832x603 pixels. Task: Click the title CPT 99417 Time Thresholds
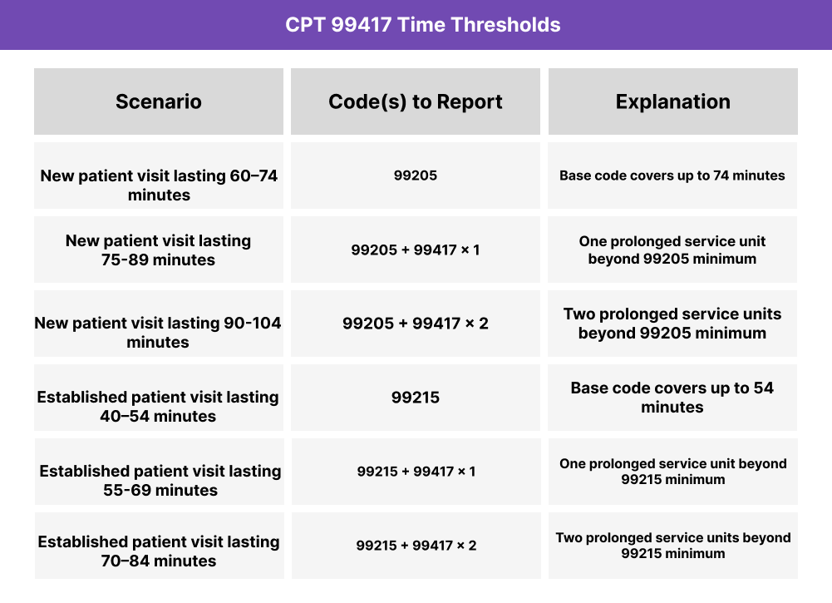tap(422, 25)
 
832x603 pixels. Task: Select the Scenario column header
tap(159, 101)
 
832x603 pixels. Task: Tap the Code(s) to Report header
tap(416, 101)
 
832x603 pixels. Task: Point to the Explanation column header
tap(672, 101)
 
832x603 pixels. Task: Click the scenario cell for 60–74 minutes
tap(159, 185)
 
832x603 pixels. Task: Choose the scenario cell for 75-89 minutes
tap(159, 250)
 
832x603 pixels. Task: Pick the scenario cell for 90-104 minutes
tap(159, 333)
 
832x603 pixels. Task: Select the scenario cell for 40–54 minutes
tap(159, 407)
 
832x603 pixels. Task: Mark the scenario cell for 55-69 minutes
tap(159, 481)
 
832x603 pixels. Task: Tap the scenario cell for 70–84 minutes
tap(159, 551)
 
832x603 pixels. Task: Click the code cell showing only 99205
tap(416, 175)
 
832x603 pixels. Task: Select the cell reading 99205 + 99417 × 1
tap(416, 250)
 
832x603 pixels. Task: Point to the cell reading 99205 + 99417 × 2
tap(416, 324)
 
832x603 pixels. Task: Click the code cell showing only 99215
tap(416, 398)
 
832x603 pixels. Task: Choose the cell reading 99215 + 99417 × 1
tap(416, 472)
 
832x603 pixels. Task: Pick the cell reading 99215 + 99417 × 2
tap(416, 546)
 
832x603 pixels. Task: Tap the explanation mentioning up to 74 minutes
tap(672, 175)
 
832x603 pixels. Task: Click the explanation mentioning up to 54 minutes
tap(672, 398)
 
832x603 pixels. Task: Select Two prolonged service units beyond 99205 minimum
tap(672, 324)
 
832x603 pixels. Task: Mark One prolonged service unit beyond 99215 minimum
tap(672, 472)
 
